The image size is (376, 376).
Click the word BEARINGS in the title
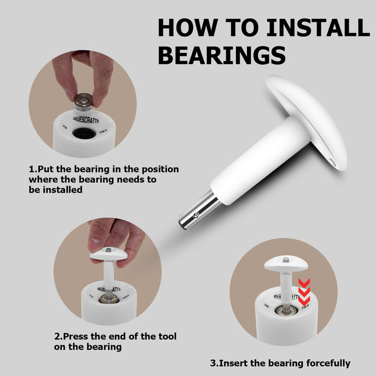coord(221,55)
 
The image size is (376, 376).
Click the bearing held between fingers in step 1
coord(83,101)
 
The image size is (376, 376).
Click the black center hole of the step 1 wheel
coord(84,133)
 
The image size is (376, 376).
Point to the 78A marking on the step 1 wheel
coord(103,132)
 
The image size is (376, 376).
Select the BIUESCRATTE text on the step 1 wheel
coord(86,120)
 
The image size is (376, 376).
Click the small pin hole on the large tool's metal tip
coord(196,215)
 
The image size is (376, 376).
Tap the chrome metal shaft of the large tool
coord(199,210)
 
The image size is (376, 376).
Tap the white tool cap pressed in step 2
coord(109,254)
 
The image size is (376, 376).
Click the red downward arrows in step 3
coord(304,292)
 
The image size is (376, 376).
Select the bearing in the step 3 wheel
coord(286,311)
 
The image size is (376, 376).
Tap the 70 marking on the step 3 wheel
coord(266,305)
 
